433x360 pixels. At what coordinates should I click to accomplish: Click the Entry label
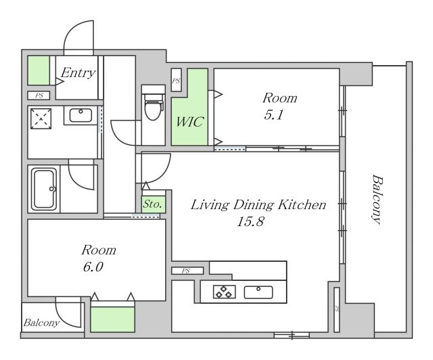pos(78,72)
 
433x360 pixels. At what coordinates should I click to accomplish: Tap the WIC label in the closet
pos(189,122)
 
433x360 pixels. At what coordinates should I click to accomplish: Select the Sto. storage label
pos(152,204)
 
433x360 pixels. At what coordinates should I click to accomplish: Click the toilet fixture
pos(154,106)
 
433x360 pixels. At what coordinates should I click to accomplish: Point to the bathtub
pos(44,189)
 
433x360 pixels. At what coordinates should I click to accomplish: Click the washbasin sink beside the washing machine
pos(81,114)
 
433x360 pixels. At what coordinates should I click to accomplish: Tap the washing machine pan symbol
pos(41,119)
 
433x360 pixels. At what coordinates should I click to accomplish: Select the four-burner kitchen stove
pos(224,292)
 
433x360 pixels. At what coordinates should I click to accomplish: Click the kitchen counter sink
pos(258,292)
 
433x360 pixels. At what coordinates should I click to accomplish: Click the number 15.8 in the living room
pos(250,221)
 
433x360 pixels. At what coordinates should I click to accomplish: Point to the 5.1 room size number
pos(273,115)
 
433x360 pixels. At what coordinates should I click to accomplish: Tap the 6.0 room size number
pos(93,267)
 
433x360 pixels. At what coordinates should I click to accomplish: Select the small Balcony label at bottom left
pos(41,323)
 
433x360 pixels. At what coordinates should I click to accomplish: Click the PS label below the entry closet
pos(39,95)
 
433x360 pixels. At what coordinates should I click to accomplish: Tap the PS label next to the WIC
pos(176,81)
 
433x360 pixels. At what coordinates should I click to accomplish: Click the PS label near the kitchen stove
pos(186,271)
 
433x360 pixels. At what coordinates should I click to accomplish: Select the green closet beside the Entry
pos(39,70)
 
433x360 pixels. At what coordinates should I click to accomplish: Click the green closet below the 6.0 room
pos(112,319)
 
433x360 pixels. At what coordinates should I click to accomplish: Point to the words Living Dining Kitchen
pos(258,205)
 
